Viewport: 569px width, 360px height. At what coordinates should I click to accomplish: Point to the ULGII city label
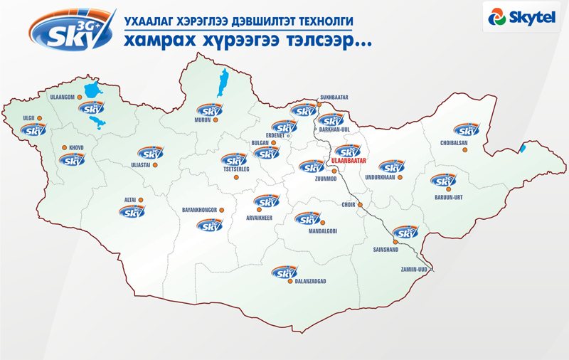point(28,118)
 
